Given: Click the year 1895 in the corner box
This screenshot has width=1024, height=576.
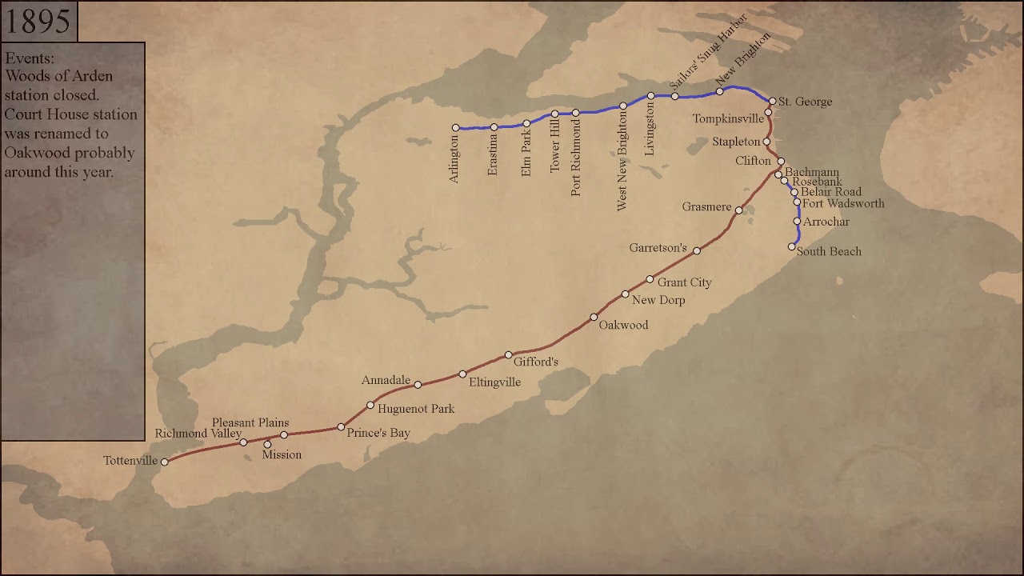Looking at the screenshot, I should coord(38,22).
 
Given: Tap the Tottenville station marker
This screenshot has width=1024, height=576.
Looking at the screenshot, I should coord(165,462).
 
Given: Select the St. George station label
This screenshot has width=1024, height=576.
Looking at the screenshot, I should coord(805,102).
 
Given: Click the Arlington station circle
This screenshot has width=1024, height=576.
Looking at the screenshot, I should coord(456,127).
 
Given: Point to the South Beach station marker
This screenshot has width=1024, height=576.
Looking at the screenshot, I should coord(792,246).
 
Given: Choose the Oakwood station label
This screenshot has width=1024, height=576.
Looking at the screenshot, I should coord(623,325).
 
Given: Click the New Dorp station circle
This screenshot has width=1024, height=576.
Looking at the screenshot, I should coord(626,294).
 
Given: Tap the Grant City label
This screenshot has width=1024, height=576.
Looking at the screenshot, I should coord(684,282).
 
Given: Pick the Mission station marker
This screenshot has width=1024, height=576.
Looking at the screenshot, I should coord(267,444).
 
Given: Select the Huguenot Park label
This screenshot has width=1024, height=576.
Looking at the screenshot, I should coord(416,409).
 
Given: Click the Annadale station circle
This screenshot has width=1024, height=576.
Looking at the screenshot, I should coord(418,385).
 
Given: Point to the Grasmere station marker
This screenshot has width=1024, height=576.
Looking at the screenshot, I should coord(739,210).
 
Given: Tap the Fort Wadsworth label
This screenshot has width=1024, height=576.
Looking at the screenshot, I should coord(843,204).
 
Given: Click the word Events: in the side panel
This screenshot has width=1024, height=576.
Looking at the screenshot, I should coord(30,58).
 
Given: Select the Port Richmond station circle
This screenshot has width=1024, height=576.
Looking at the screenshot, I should coord(576,113).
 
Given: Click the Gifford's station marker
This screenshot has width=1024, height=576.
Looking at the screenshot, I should coord(508,355).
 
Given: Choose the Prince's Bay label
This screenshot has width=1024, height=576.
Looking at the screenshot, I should coord(378,433).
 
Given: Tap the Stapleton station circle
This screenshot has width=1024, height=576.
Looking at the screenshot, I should coord(766,142).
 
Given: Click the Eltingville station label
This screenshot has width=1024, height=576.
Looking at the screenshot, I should coord(494,382).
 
